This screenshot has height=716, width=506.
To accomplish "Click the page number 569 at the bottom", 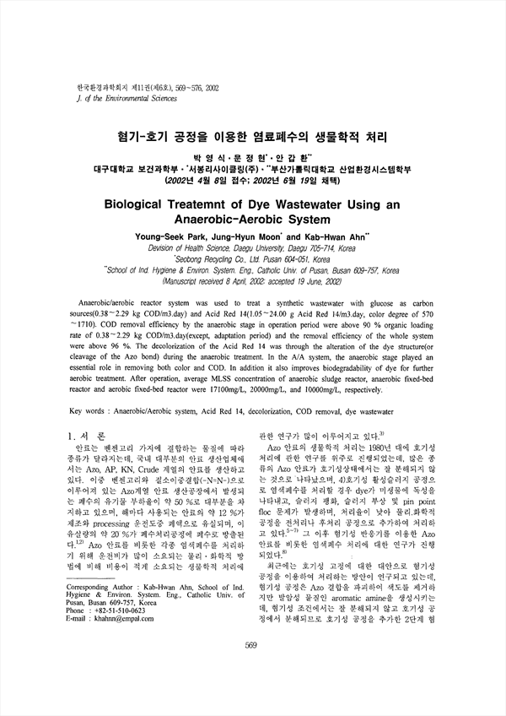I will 250,670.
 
